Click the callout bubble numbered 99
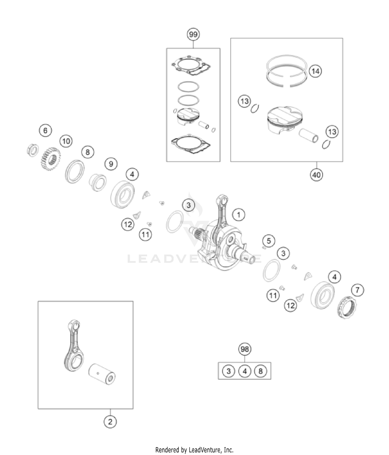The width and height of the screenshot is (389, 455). (193, 34)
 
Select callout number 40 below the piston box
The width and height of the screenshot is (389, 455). (316, 175)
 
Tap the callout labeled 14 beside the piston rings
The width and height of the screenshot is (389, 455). (315, 71)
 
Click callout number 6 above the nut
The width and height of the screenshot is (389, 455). (45, 130)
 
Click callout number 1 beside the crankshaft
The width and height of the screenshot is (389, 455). (239, 215)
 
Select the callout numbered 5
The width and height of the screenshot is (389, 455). (269, 241)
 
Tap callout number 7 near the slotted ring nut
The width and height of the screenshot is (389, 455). (358, 290)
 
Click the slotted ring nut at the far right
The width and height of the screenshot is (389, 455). (347, 307)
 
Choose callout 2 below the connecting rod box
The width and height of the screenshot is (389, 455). (110, 422)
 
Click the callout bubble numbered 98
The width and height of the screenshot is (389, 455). (245, 349)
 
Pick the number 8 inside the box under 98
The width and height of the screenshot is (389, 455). (261, 371)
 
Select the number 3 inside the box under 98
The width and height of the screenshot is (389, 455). (228, 371)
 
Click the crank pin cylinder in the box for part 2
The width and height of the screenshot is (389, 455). (102, 374)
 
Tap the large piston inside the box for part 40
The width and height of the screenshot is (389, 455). (285, 120)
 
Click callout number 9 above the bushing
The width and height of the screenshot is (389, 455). (111, 164)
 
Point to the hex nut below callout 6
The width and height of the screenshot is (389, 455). (33, 150)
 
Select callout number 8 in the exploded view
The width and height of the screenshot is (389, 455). (87, 152)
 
